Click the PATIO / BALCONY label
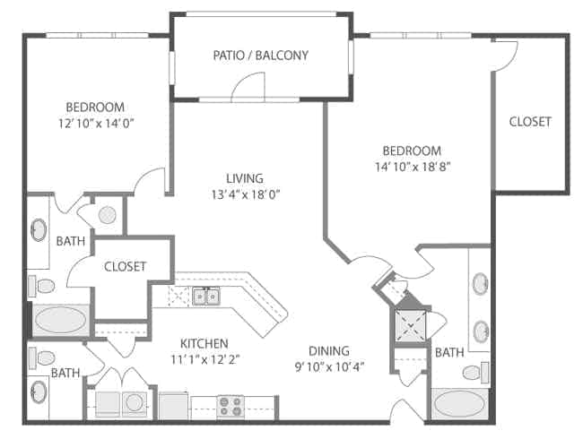[260, 56]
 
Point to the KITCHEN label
[204, 343]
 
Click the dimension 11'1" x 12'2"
[204, 359]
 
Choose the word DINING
[329, 350]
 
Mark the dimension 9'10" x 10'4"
[329, 366]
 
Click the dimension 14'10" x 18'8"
[412, 167]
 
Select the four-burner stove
[231, 406]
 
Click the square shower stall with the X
[412, 324]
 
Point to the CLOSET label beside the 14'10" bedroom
[530, 122]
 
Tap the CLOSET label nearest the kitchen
[126, 266]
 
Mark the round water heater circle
[106, 215]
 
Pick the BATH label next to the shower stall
[448, 353]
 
